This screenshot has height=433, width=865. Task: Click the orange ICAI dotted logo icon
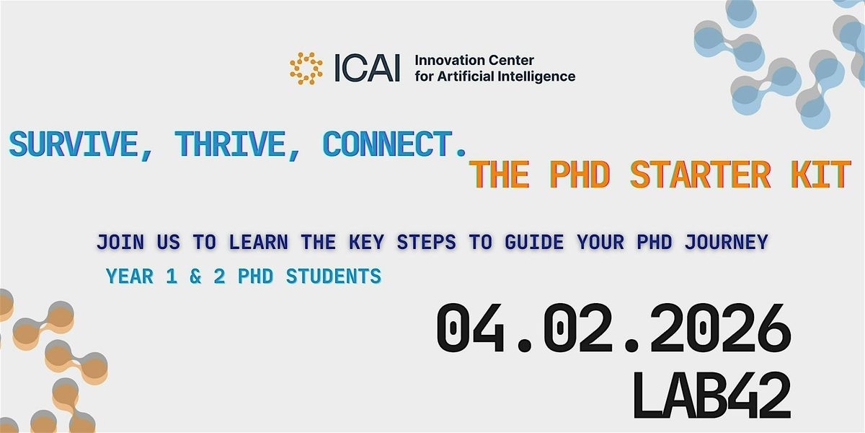pos(306,67)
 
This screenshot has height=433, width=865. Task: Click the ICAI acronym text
pos(367,68)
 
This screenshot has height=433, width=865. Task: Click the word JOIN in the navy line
pos(120,243)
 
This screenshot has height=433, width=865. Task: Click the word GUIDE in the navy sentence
pos(531,243)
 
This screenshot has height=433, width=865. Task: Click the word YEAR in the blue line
pos(130,276)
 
